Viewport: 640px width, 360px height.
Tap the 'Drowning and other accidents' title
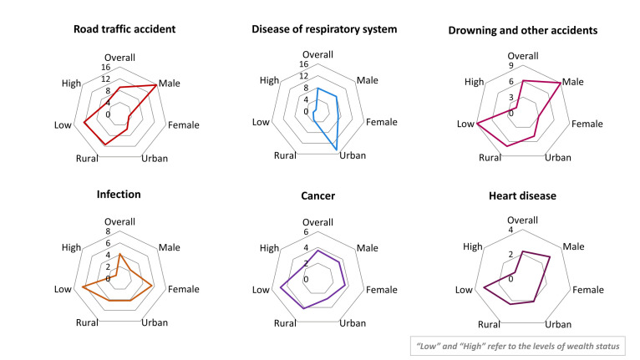pyautogui.click(x=523, y=31)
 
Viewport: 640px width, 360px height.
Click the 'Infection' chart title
pyautogui.click(x=119, y=195)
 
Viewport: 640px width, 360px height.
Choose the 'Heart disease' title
pyautogui.click(x=523, y=196)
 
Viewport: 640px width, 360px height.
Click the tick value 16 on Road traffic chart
pyautogui.click(x=106, y=68)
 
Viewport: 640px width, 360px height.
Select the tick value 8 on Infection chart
pyautogui.click(x=107, y=232)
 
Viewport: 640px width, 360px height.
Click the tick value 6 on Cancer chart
pyautogui.click(x=305, y=232)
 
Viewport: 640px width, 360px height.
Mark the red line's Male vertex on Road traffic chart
pyautogui.click(x=156, y=85)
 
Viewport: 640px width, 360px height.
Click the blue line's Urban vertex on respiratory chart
pyautogui.click(x=338, y=149)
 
